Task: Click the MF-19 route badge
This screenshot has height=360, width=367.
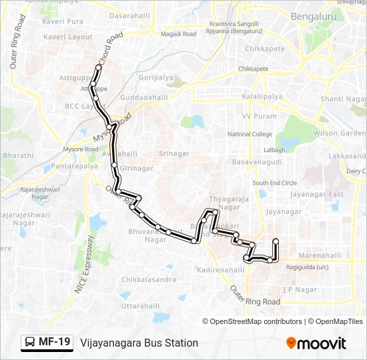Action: [46, 343]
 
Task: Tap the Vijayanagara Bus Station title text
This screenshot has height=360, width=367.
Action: [139, 343]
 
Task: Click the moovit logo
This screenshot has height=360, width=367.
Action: [316, 343]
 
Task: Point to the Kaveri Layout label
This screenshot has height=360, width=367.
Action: [67, 37]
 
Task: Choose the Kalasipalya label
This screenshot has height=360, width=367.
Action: [263, 97]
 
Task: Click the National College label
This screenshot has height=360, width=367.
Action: [250, 134]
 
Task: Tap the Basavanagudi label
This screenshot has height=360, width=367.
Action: [253, 162]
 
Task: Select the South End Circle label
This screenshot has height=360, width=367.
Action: [274, 183]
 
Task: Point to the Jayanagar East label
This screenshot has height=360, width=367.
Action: [318, 194]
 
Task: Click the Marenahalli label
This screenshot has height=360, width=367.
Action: [319, 255]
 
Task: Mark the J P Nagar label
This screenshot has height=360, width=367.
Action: [298, 289]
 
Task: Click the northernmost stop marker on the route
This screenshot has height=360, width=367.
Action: [98, 67]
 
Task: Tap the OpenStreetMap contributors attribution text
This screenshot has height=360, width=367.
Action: [252, 321]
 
